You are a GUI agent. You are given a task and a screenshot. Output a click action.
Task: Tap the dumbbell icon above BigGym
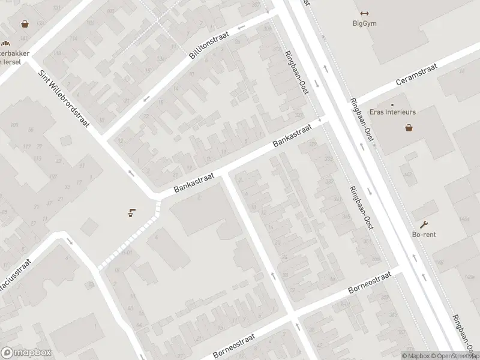pos(364,14)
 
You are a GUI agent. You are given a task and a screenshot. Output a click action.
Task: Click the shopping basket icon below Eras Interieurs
pos(409,127)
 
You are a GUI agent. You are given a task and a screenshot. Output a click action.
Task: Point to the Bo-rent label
pos(424,235)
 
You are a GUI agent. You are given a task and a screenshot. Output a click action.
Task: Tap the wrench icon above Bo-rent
pos(424,224)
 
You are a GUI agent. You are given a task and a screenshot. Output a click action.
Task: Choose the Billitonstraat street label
pos(209,46)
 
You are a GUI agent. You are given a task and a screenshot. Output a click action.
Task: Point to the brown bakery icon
pos(6,43)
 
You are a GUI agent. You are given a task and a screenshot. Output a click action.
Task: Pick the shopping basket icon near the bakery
pos(25,24)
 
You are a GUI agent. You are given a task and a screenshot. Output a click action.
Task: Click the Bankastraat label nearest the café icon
pos(191,181)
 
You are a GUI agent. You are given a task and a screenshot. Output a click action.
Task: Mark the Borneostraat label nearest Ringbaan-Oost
pos(370,282)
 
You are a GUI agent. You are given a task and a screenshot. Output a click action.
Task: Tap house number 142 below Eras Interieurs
pos(408,175)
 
